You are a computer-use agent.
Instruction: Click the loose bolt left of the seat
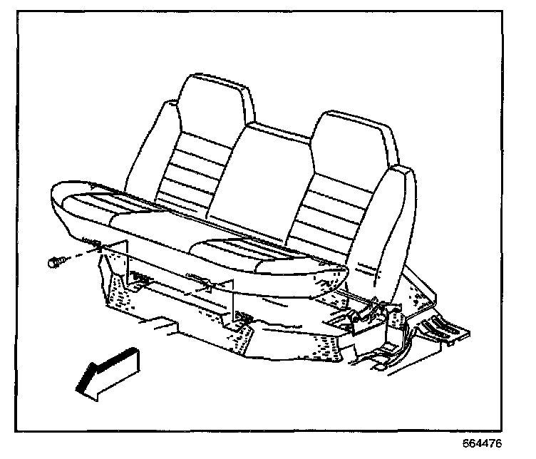(x=56, y=262)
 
